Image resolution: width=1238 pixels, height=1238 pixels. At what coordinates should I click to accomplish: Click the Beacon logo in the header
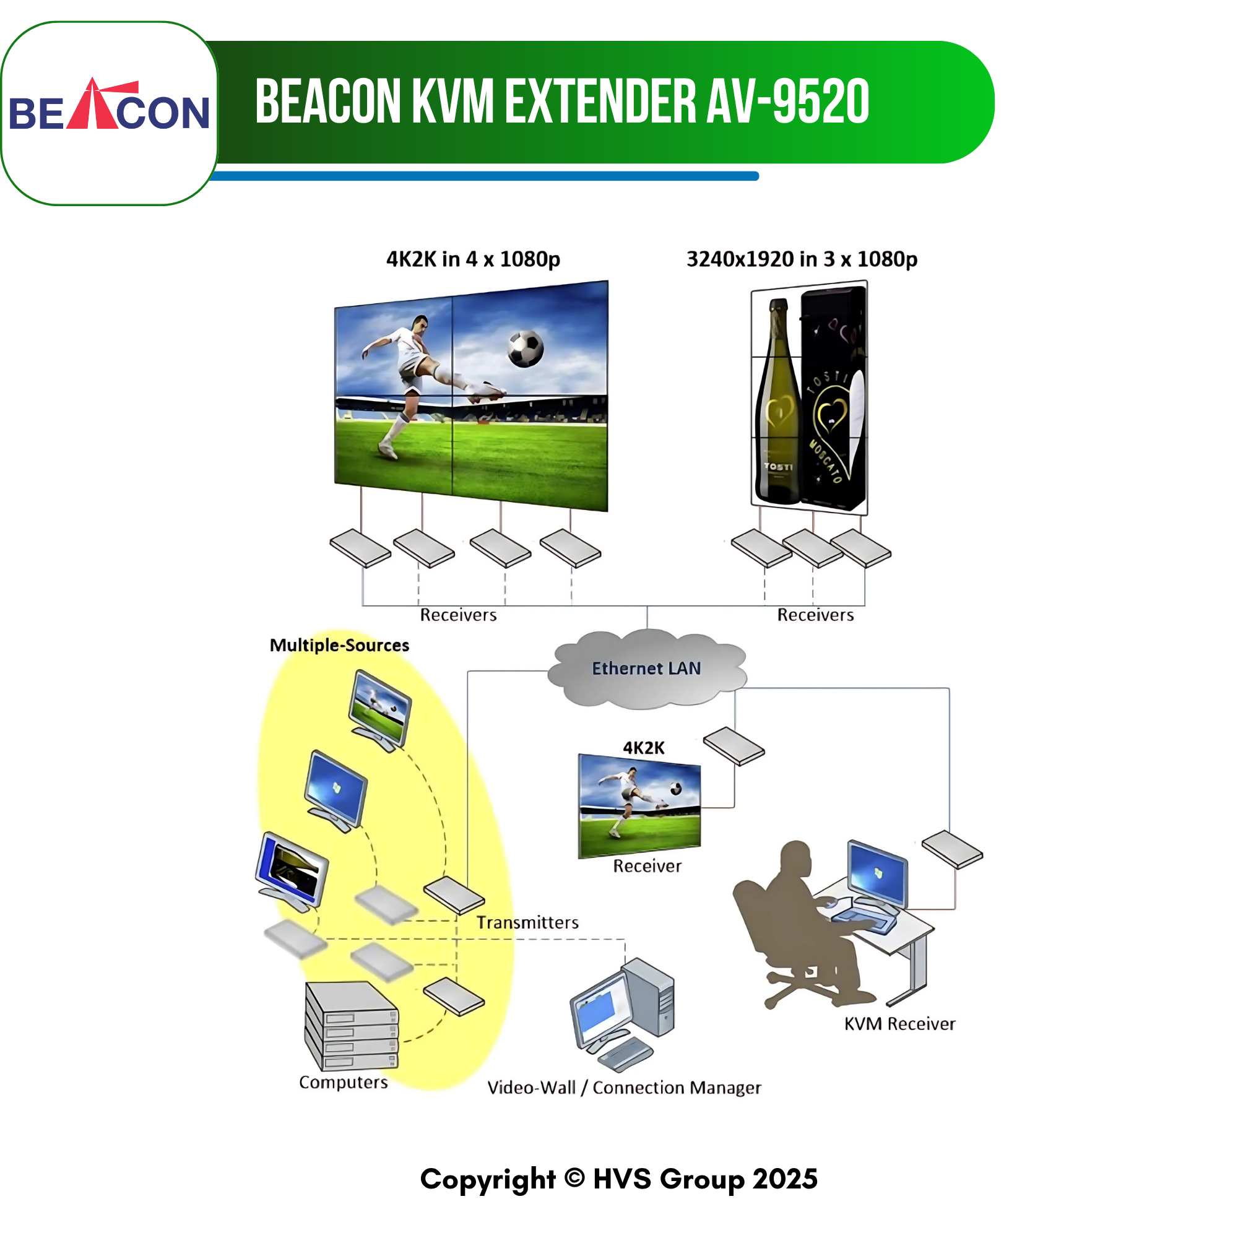point(109,105)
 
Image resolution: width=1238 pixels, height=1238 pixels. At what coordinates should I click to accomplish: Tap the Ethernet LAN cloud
point(647,669)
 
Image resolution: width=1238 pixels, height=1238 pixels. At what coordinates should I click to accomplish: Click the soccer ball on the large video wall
point(526,348)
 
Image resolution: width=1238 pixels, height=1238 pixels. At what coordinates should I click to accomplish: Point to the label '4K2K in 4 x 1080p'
point(473,259)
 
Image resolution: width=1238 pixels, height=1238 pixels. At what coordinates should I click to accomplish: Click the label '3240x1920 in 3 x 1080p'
point(802,259)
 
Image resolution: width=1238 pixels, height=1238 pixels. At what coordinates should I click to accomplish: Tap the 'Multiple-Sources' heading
point(339,645)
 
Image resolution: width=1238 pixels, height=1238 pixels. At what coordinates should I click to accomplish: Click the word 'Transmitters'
point(527,922)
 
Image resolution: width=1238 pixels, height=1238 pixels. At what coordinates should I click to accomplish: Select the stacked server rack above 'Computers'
point(351,1025)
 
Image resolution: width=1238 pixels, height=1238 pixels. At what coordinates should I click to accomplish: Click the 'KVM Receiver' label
point(899,1024)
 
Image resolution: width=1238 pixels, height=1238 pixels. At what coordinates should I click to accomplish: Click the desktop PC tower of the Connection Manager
point(649,997)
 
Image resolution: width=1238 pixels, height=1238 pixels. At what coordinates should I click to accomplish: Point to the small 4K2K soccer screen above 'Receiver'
point(639,805)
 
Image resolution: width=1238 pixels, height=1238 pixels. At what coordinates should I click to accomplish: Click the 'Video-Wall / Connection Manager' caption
point(624,1088)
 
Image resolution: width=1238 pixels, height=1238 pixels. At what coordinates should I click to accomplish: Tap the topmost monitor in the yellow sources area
point(380,711)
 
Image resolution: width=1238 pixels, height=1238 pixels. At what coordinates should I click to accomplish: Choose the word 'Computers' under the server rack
point(344,1082)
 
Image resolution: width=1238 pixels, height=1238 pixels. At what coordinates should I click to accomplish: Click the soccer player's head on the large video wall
point(420,324)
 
